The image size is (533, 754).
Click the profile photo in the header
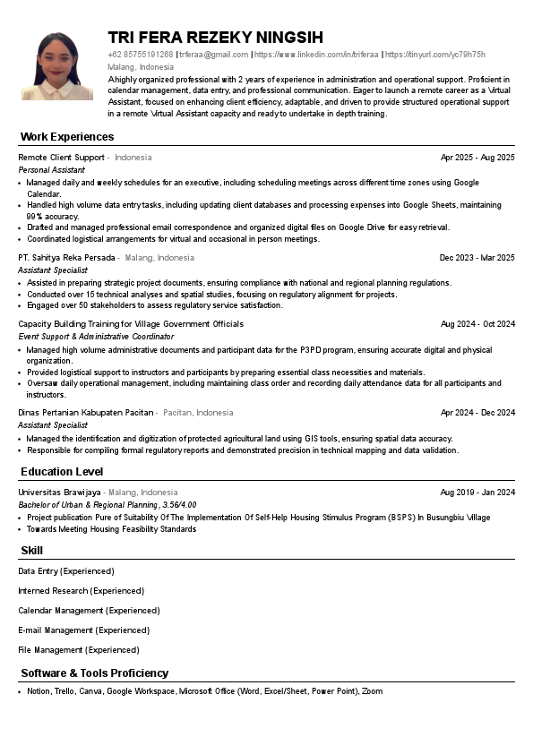click(x=57, y=66)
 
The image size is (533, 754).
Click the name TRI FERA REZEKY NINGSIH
click(x=215, y=38)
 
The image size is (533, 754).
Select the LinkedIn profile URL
click(x=317, y=55)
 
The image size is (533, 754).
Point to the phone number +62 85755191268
click(x=140, y=55)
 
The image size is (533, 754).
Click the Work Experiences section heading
click(x=67, y=137)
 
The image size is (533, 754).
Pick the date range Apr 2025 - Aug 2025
click(x=477, y=158)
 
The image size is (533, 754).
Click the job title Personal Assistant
click(x=51, y=169)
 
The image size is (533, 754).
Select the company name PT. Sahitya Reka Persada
click(x=66, y=258)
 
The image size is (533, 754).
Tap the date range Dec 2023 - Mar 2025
click(x=477, y=258)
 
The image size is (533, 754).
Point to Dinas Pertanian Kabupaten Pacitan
click(x=86, y=413)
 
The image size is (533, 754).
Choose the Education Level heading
click(x=62, y=472)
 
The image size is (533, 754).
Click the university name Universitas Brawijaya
click(x=59, y=493)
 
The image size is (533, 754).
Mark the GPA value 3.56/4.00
click(x=178, y=505)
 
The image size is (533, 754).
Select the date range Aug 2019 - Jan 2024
click(x=477, y=493)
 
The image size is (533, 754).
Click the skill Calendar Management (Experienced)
click(x=89, y=611)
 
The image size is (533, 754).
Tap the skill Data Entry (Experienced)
click(x=66, y=571)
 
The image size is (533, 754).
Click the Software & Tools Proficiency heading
click(x=94, y=673)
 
